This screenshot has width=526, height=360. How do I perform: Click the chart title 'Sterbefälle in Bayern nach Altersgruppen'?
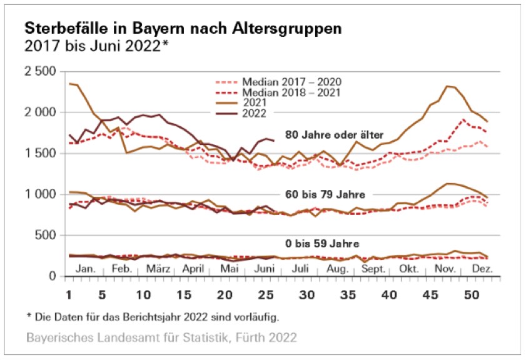pyautogui.click(x=183, y=29)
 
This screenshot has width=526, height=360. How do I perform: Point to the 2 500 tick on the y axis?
pyautogui.click(x=40, y=71)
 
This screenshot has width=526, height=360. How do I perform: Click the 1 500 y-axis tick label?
pyautogui.click(x=40, y=153)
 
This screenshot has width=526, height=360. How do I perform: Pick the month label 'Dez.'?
pyautogui.click(x=482, y=269)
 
